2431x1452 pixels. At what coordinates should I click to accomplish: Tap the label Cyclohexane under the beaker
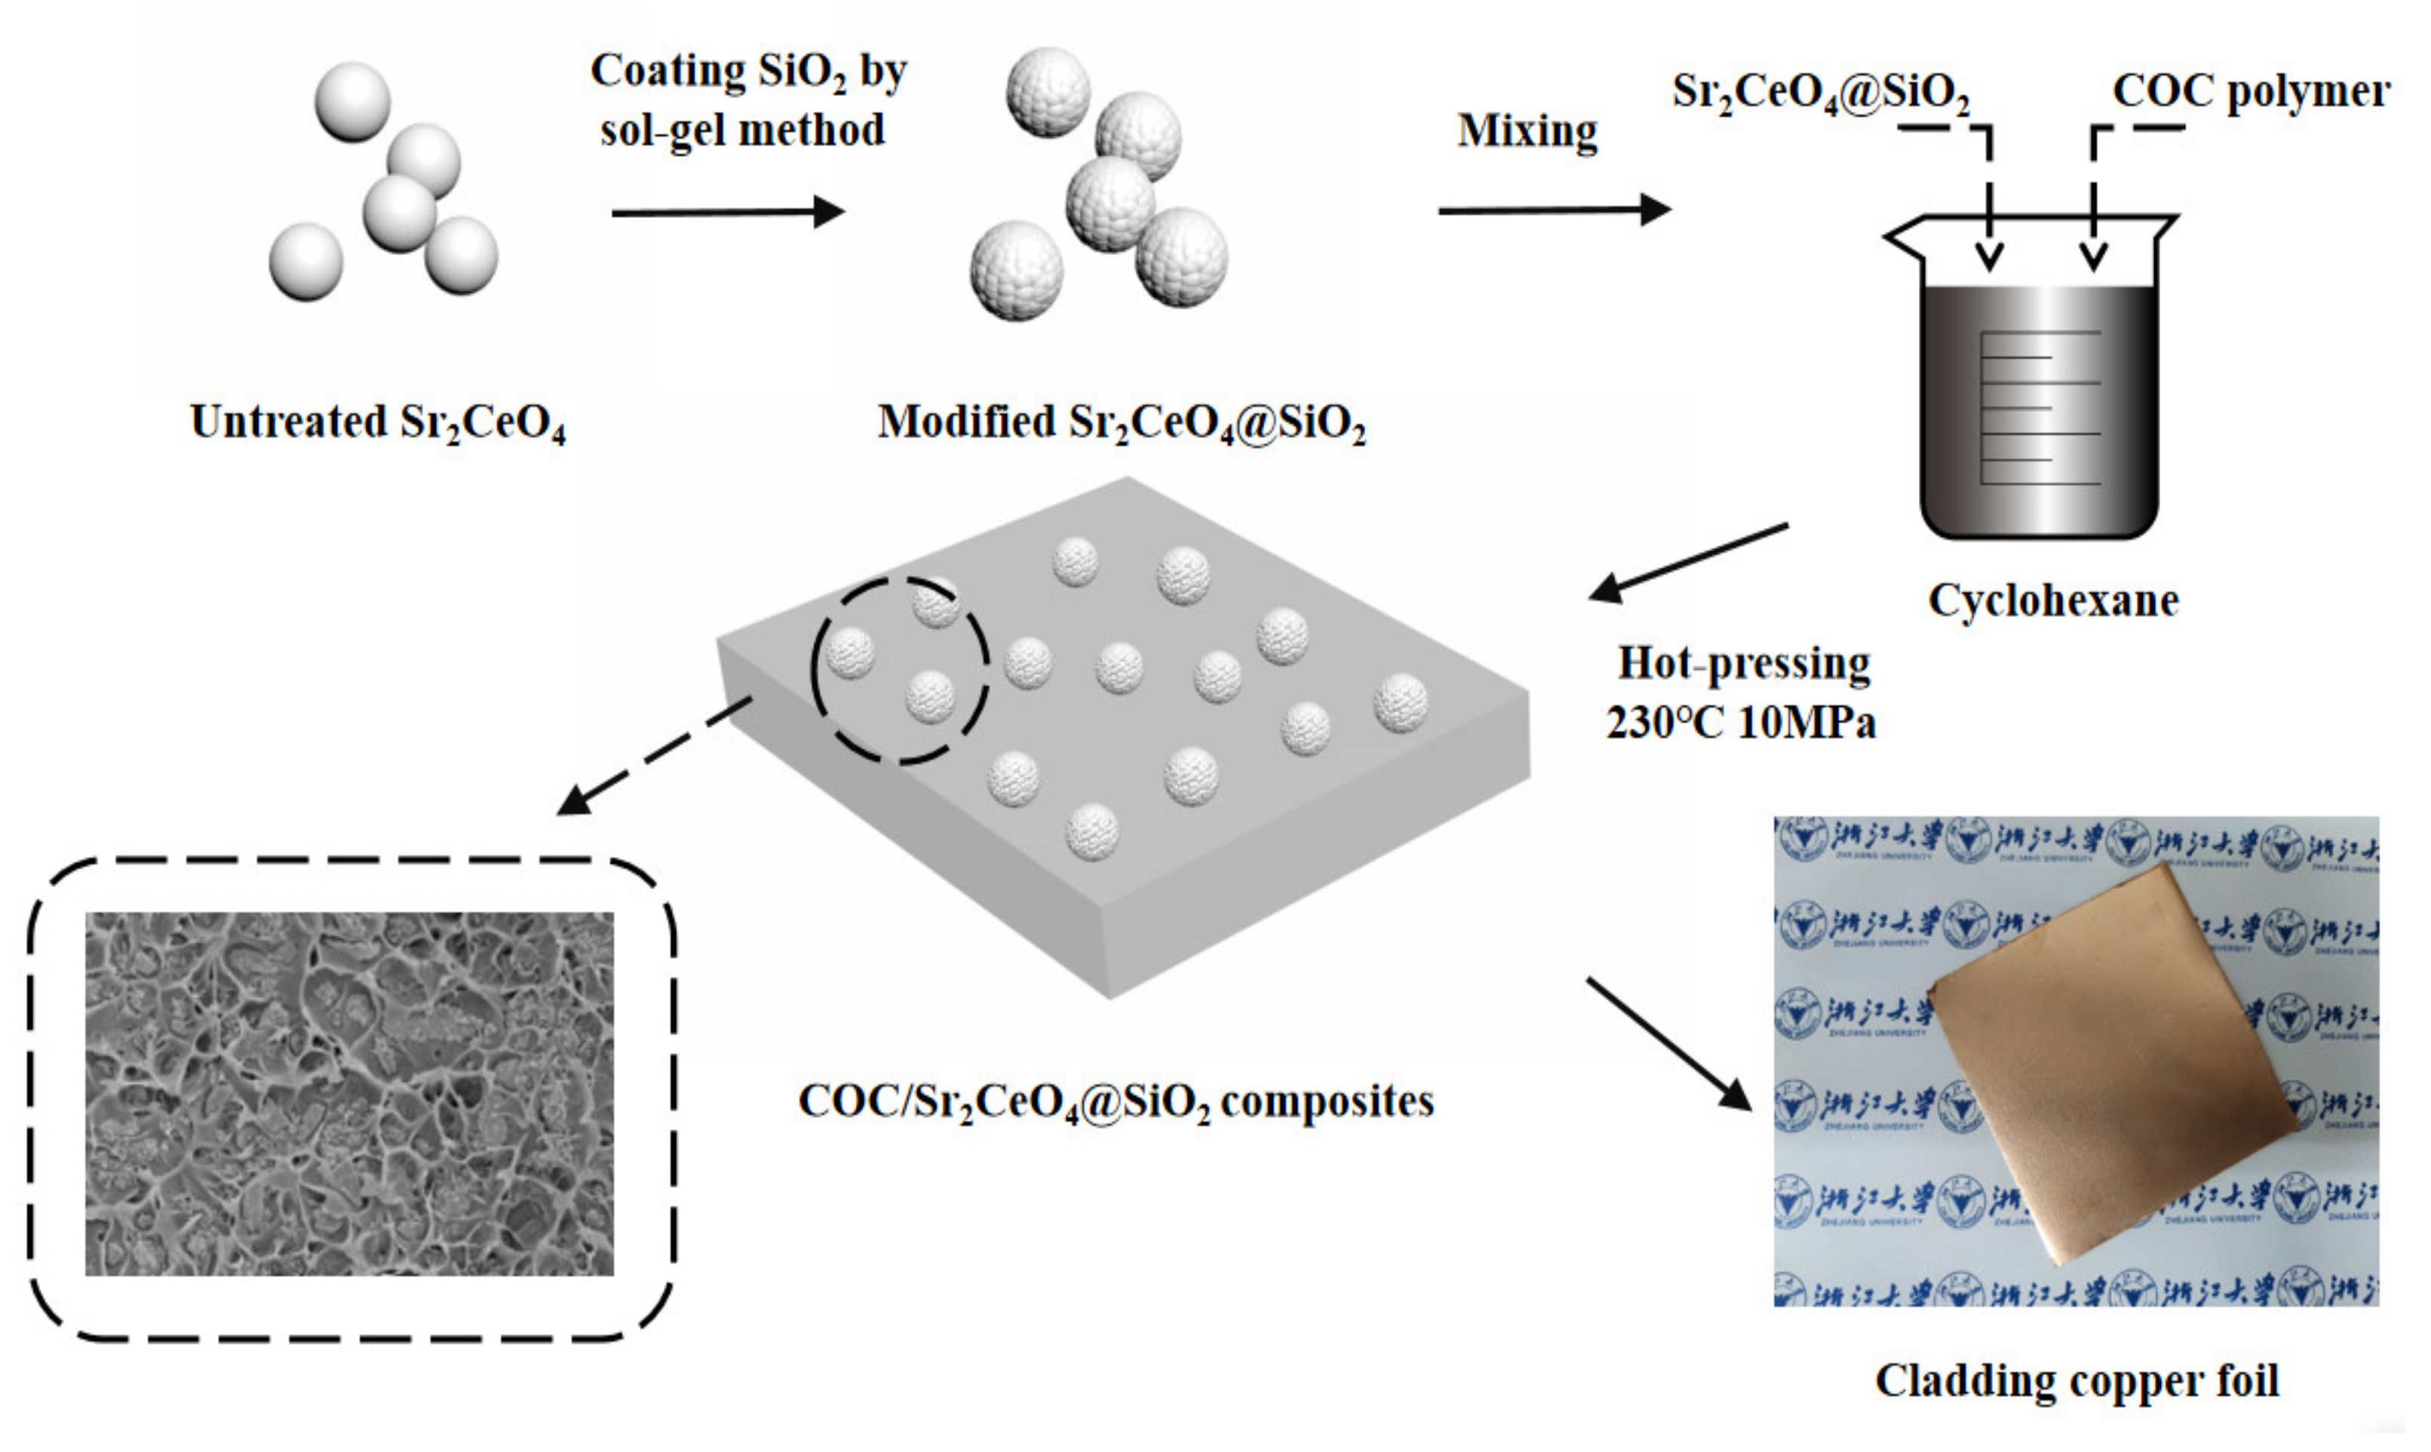(x=2053, y=600)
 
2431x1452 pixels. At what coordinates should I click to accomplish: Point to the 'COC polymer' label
(x=2250, y=91)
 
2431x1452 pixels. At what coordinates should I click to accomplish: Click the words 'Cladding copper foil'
(x=2076, y=1380)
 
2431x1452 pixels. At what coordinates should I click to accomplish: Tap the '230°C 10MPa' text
(x=1740, y=723)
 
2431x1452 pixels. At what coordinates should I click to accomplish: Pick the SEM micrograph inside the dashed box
(x=349, y=1093)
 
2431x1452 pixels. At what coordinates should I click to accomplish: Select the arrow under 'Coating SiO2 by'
(x=727, y=211)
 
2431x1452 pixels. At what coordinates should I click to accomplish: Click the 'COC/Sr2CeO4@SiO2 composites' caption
(x=1116, y=1101)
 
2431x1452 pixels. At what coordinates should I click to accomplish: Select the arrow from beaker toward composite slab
(x=1687, y=563)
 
